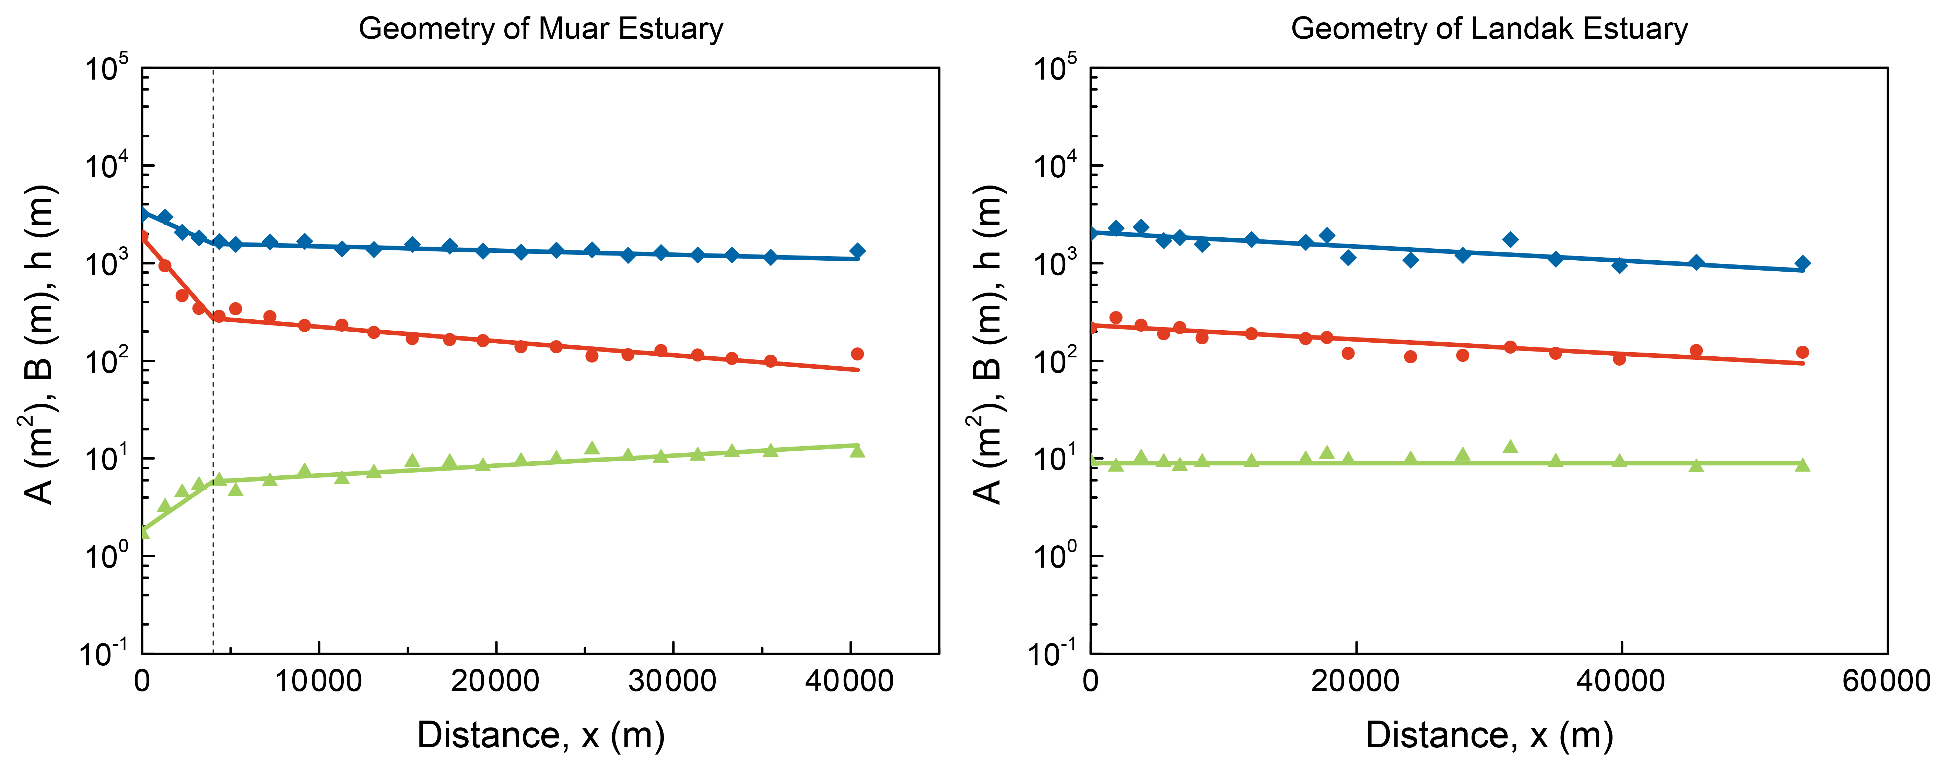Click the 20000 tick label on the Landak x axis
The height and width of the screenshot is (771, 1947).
(1355, 681)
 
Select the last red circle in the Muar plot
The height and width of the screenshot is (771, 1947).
(856, 354)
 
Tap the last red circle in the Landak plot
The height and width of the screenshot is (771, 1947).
(1802, 352)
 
